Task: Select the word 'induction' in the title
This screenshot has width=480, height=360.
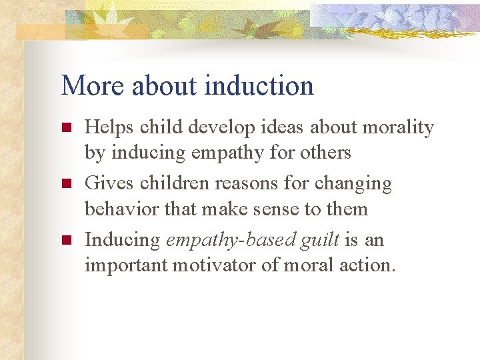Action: point(259,86)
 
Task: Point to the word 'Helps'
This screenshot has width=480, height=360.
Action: point(108,127)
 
